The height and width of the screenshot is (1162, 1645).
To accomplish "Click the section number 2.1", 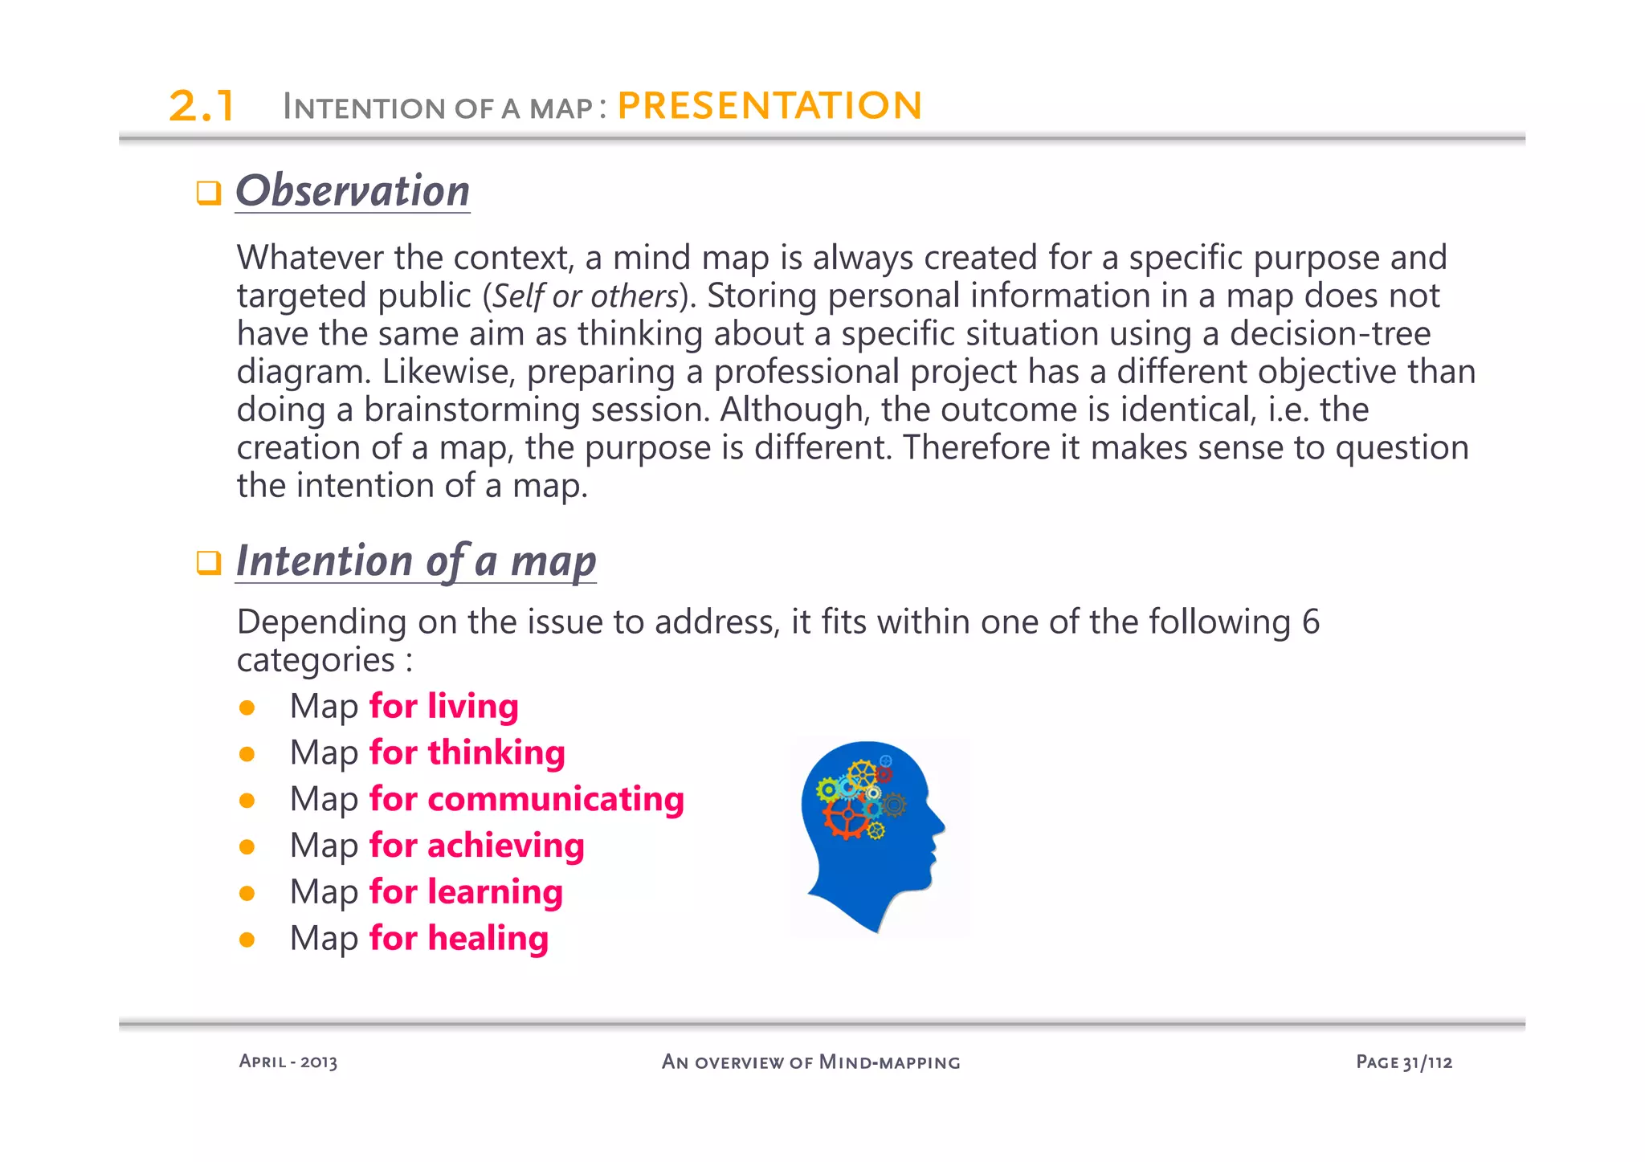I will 201,106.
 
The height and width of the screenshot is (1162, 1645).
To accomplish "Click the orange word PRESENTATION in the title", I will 769,106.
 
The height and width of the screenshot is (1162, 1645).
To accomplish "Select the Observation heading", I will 353,191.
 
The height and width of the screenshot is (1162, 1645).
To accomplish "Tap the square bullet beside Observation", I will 209,194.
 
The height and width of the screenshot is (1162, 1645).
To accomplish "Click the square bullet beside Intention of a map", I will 209,563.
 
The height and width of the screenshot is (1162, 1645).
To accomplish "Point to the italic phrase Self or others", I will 586,296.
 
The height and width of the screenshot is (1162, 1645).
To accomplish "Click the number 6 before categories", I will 1310,622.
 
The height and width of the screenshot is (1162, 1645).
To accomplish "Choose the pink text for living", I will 443,707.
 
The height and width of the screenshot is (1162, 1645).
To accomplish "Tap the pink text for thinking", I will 467,753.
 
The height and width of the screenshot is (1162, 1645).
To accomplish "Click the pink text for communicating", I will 526,800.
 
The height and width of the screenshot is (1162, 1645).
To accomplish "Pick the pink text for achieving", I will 476,846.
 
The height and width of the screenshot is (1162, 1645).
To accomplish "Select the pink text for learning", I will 466,892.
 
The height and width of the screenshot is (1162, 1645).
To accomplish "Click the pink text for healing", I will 459,939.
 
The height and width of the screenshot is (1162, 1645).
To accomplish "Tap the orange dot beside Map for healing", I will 247,940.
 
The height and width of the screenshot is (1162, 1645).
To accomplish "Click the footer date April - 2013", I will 288,1062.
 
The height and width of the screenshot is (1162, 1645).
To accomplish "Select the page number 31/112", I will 1427,1062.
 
